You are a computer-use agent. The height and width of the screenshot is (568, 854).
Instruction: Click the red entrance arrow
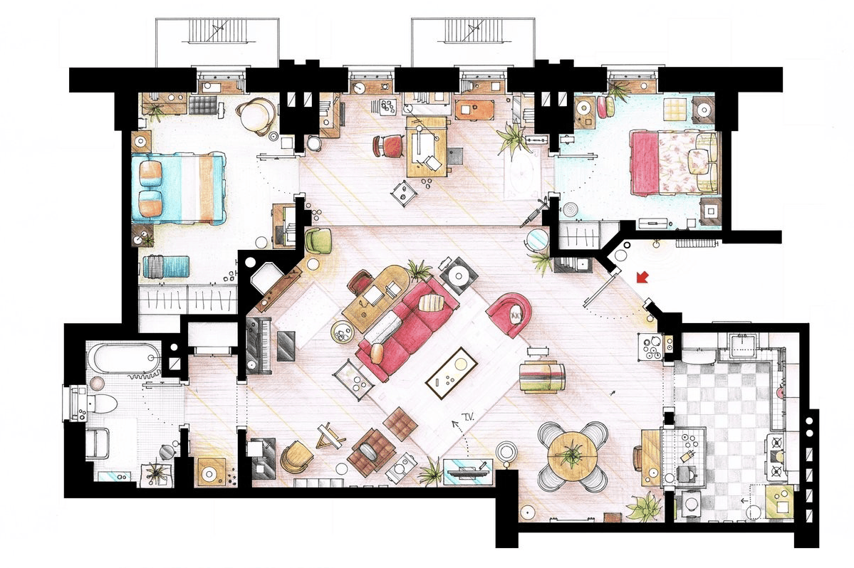[642, 278]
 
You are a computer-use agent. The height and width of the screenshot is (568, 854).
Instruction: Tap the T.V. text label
[467, 417]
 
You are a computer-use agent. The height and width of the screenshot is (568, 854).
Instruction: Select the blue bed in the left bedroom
[179, 188]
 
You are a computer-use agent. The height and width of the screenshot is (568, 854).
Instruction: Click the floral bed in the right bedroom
[675, 162]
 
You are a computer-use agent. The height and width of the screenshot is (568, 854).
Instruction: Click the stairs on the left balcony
[217, 31]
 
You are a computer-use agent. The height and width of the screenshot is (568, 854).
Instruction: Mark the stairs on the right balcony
[473, 31]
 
